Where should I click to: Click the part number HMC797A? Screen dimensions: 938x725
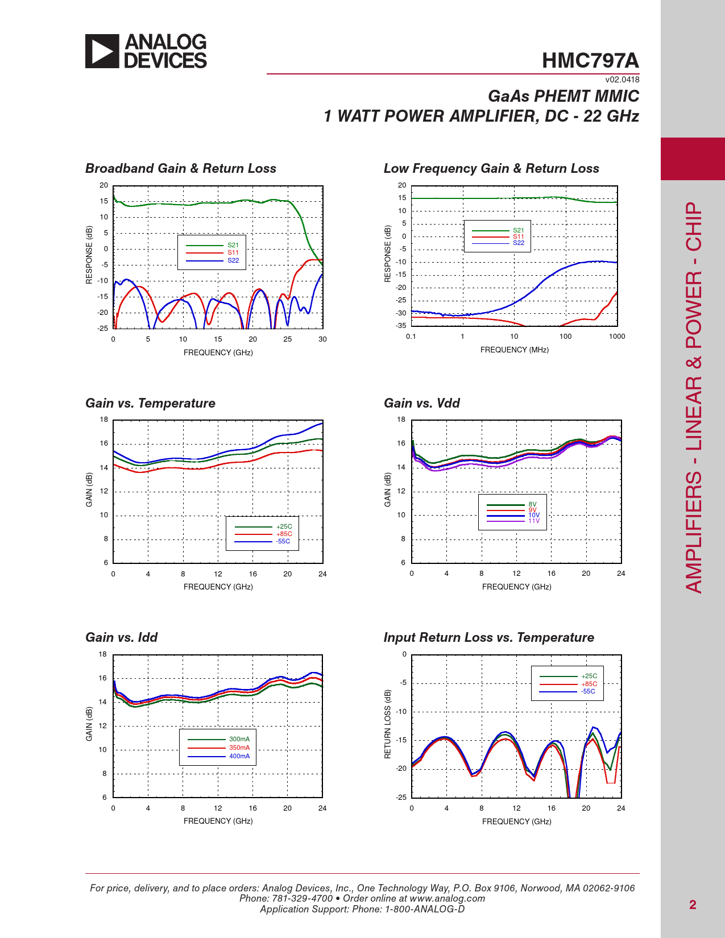tap(590, 60)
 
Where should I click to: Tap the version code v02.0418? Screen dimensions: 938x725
tap(622, 80)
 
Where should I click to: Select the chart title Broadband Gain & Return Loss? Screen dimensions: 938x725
tap(181, 168)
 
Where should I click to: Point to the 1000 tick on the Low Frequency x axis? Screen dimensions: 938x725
tap(617, 337)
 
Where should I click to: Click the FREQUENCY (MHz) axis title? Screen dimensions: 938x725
tap(515, 350)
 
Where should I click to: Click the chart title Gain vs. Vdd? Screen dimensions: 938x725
tap(422, 403)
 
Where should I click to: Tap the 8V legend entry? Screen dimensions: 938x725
tap(532, 504)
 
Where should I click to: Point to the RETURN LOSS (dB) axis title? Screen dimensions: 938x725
tap(388, 724)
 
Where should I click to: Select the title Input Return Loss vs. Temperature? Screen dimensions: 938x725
tap(489, 637)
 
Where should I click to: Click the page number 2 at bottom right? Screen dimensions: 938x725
tap(693, 904)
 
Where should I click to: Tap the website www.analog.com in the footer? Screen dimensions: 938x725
tap(448, 898)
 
